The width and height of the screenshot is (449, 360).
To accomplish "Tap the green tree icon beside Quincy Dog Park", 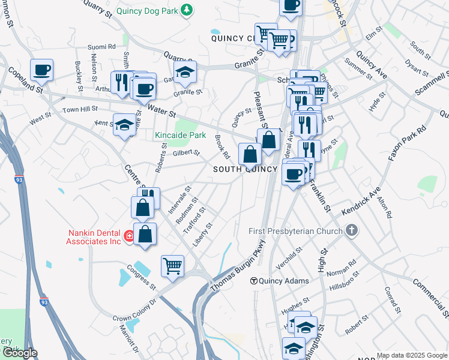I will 187,9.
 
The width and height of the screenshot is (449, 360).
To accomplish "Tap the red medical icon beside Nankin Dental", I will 128,237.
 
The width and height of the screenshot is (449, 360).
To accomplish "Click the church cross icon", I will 352,230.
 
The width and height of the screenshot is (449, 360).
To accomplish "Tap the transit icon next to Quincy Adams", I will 253,281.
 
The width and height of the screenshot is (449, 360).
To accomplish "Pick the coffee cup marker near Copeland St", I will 42,70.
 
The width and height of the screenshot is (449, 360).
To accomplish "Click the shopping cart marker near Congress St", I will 172,266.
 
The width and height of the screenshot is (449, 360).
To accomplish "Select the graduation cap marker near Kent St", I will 124,125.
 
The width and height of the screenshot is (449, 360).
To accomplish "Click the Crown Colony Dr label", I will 133,310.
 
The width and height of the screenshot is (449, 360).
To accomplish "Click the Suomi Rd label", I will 101,46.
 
